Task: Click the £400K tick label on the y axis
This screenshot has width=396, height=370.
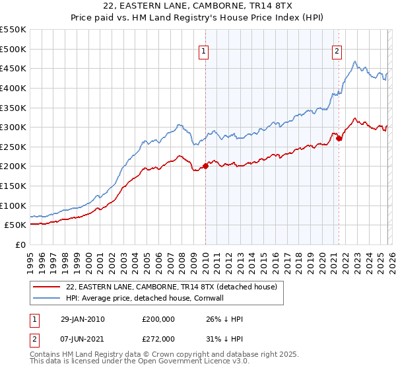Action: pos(13,88)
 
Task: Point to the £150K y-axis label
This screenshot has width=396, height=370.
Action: pos(13,186)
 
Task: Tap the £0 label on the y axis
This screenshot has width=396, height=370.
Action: pos(20,244)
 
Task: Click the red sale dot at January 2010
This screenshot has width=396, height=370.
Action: pos(205,166)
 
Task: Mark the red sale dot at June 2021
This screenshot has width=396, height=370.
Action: pos(339,138)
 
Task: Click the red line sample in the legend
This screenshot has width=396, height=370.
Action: pos(46,287)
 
